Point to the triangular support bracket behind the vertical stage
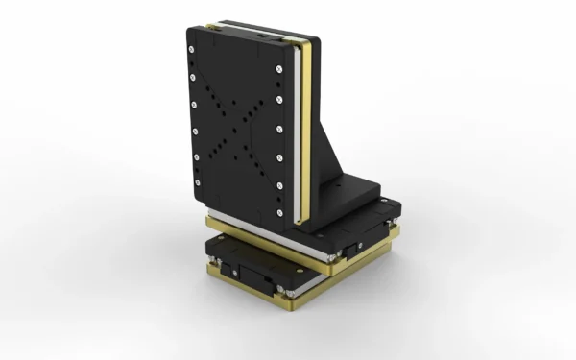(331, 144)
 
